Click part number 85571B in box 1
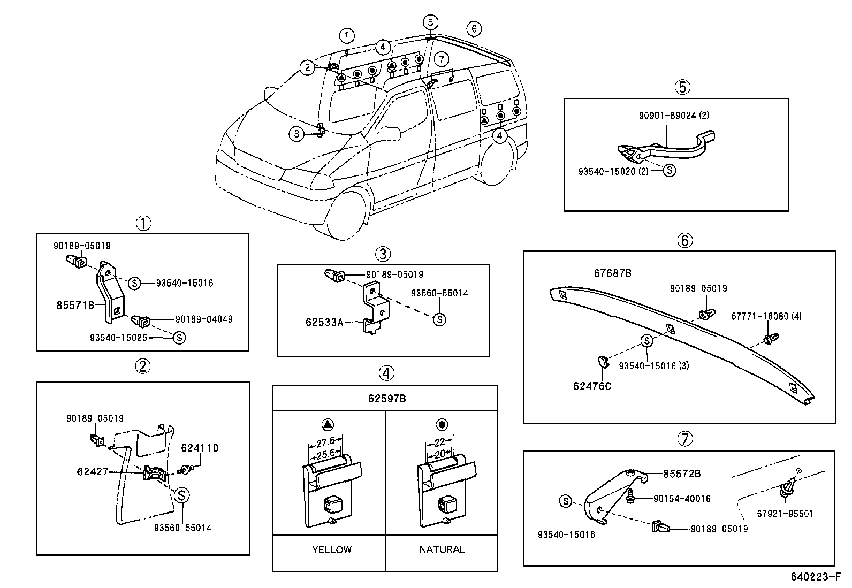pyautogui.click(x=75, y=306)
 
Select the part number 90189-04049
pyautogui.click(x=203, y=319)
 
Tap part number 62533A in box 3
pyautogui.click(x=324, y=322)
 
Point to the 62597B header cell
pyautogui.click(x=385, y=399)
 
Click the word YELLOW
pyautogui.click(x=332, y=549)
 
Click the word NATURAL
pyautogui.click(x=442, y=549)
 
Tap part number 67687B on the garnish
pyautogui.click(x=612, y=273)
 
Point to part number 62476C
pyautogui.click(x=591, y=386)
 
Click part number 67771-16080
pyautogui.click(x=766, y=316)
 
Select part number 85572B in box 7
pyautogui.click(x=682, y=474)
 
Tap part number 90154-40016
pyautogui.click(x=682, y=499)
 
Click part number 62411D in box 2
pyautogui.click(x=200, y=448)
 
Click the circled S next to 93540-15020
pyautogui.click(x=669, y=171)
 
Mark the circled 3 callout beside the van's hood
pyautogui.click(x=296, y=134)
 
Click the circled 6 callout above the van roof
pyautogui.click(x=474, y=28)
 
